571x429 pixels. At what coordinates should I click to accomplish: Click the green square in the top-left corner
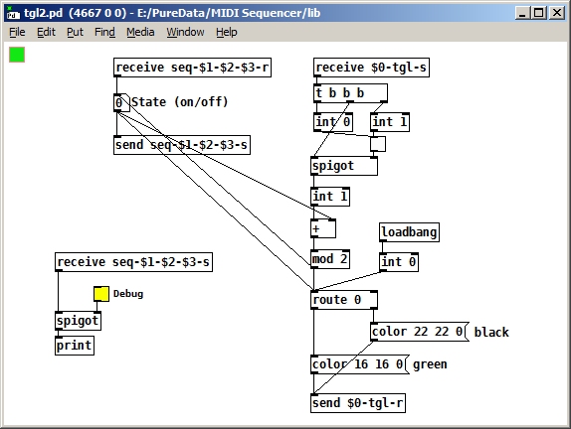[17, 55]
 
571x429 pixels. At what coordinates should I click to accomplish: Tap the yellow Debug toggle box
[101, 294]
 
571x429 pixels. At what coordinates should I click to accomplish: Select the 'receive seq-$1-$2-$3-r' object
[192, 68]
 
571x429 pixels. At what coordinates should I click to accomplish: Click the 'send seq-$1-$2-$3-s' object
[182, 145]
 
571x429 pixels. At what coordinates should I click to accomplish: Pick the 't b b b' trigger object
[350, 93]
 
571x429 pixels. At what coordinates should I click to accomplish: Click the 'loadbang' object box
[409, 232]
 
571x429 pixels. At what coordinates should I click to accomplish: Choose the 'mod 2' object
[330, 259]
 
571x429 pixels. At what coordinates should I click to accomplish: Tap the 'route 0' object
[344, 300]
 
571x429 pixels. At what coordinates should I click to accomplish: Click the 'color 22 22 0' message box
[420, 332]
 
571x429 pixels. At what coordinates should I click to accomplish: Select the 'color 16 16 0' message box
[360, 364]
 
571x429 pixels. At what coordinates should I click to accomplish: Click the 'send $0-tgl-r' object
[358, 403]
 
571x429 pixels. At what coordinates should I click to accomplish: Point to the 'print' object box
[75, 346]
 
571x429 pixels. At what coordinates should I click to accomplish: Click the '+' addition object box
[323, 228]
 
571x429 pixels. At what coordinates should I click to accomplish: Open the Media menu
[140, 33]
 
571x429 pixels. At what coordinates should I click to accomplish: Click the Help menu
[227, 33]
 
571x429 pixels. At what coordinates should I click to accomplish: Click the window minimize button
[522, 14]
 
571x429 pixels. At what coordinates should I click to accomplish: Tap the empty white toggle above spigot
[378, 144]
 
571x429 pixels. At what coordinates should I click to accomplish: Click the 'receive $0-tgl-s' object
[371, 68]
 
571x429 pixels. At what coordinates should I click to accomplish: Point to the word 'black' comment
[491, 332]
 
